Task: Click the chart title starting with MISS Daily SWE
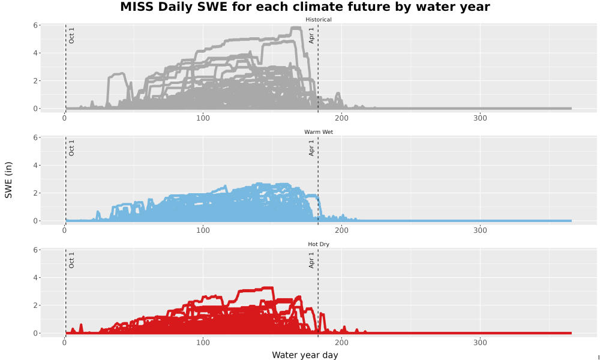(305, 7)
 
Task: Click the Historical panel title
(319, 20)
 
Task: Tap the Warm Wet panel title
(319, 132)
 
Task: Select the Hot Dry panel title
(319, 244)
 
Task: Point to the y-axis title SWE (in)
(8, 180)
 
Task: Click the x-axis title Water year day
(305, 355)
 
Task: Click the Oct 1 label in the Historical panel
(71, 35)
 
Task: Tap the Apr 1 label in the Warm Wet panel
(311, 148)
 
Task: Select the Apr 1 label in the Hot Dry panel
(311, 260)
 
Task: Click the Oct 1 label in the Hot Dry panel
(71, 260)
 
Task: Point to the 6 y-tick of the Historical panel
(35, 25)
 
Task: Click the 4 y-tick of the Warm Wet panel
(35, 165)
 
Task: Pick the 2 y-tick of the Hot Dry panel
(35, 305)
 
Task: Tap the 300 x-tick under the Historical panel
(480, 118)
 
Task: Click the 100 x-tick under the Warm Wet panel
(203, 230)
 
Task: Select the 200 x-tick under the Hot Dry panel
(341, 343)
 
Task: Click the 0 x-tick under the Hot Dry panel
(64, 343)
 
